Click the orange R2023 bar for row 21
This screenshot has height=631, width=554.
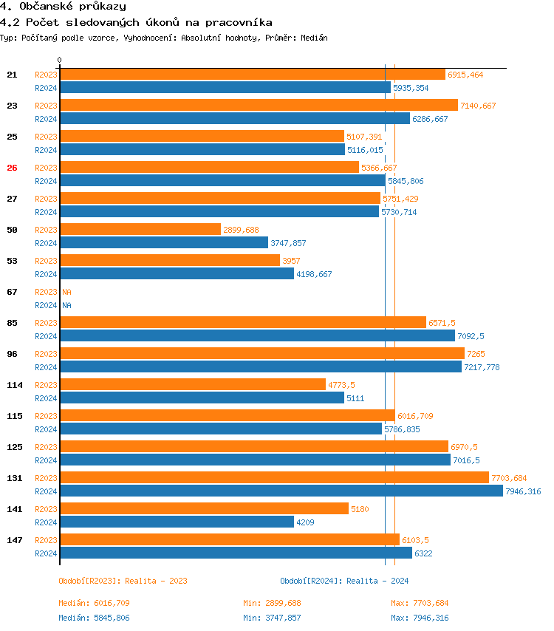pyautogui.click(x=252, y=75)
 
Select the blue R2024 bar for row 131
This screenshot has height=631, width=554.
pyautogui.click(x=281, y=491)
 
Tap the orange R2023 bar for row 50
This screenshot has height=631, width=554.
pyautogui.click(x=140, y=230)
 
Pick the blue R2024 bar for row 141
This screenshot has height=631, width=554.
pyautogui.click(x=177, y=522)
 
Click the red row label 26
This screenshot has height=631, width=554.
pyautogui.click(x=12, y=168)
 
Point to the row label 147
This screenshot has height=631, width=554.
pyautogui.click(x=14, y=540)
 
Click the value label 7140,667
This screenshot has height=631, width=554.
pyautogui.click(x=478, y=106)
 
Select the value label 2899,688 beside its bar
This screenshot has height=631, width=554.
pyautogui.click(x=241, y=230)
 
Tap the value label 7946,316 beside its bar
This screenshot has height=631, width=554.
pyautogui.click(x=523, y=491)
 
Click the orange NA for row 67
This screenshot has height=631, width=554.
pyautogui.click(x=66, y=292)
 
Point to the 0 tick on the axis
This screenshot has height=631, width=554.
pyautogui.click(x=60, y=61)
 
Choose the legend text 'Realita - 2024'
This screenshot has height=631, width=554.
pyautogui.click(x=377, y=581)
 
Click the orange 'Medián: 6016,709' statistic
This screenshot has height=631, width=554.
pyautogui.click(x=94, y=603)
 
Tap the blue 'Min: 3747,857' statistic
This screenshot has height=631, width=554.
pyautogui.click(x=272, y=618)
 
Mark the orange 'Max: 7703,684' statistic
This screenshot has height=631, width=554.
pyautogui.click(x=420, y=603)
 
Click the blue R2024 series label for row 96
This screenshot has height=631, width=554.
pyautogui.click(x=46, y=367)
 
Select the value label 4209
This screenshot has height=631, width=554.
pyautogui.click(x=306, y=522)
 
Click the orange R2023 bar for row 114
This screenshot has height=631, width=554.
pyautogui.click(x=192, y=385)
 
